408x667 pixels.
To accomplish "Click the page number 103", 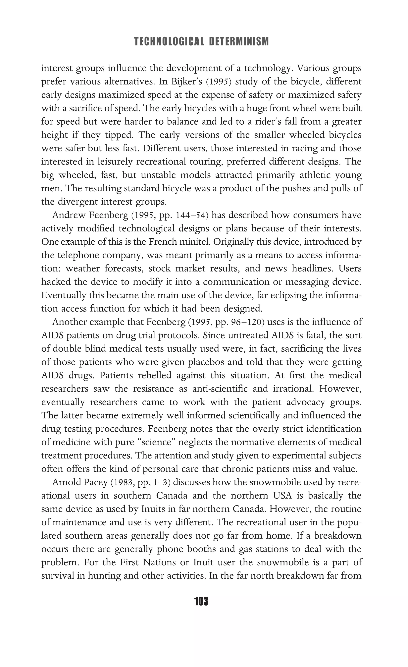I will pyautogui.click(x=201, y=601).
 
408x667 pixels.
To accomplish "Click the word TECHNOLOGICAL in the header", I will pyautogui.click(x=169, y=42).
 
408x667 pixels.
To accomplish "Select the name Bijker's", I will pyautogui.click(x=186, y=82).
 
